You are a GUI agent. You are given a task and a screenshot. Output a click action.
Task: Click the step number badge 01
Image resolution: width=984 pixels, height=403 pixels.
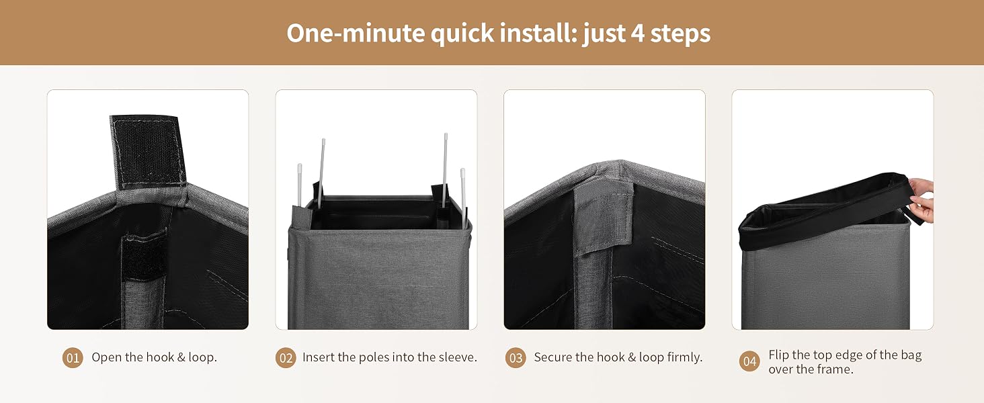(73, 358)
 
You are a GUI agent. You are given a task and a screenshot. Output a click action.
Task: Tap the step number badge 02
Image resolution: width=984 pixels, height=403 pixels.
(286, 358)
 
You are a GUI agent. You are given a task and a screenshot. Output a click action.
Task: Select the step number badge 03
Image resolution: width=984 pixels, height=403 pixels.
(516, 358)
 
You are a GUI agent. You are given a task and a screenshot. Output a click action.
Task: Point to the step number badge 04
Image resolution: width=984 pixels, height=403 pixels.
(749, 361)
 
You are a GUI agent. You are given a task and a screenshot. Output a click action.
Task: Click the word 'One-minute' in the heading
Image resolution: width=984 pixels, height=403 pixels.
(356, 34)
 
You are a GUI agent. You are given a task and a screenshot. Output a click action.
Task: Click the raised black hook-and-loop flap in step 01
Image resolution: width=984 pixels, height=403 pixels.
(148, 151)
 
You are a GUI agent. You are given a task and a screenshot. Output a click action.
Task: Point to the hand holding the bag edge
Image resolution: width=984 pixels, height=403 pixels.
(921, 199)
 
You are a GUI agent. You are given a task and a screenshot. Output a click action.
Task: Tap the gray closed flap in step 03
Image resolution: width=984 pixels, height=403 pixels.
(604, 218)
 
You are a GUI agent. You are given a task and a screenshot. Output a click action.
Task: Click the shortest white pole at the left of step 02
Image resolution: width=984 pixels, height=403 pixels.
(300, 185)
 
